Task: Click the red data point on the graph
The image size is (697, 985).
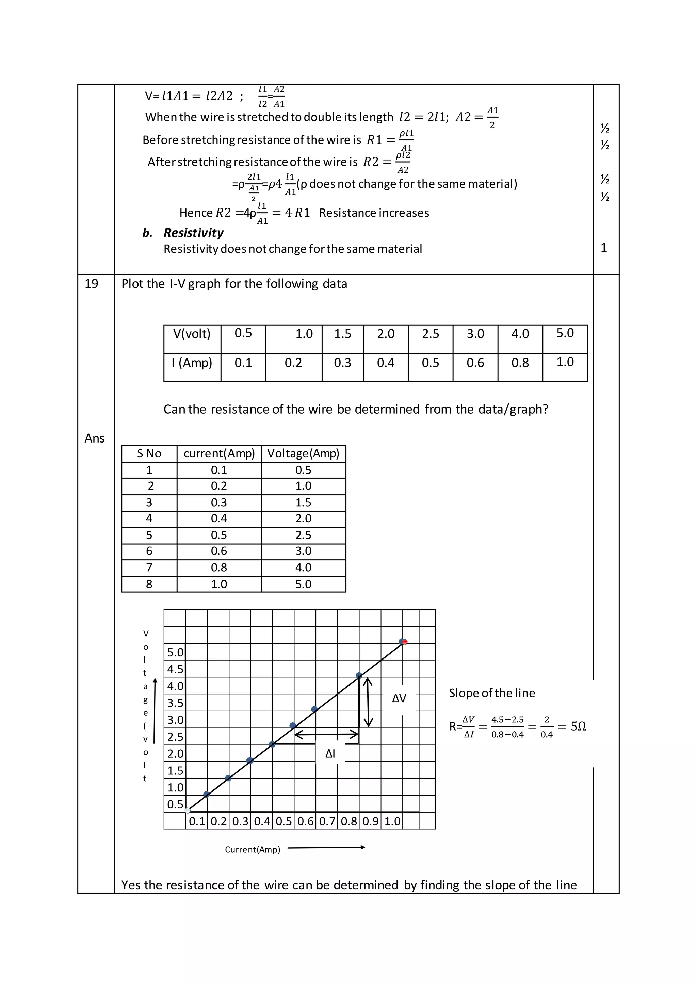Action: coord(404,642)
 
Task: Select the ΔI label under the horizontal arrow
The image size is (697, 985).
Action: coord(330,754)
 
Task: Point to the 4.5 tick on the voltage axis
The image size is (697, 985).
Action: coord(175,669)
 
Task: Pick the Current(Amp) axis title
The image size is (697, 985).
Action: coord(253,849)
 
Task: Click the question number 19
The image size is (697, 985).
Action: coord(92,284)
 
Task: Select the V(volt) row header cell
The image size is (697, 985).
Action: coord(192,334)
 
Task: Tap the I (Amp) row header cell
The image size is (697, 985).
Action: coord(192,363)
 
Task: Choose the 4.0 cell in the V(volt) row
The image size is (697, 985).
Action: coord(520,334)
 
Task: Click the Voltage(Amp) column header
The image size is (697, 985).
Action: coord(303,453)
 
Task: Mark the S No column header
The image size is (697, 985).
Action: coord(149,453)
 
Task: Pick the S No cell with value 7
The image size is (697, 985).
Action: coord(149,568)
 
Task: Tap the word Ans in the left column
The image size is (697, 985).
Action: coord(94,438)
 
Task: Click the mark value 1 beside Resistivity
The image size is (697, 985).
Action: coord(603,248)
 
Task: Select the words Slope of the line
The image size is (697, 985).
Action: coord(492,693)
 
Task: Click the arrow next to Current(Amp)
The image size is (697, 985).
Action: coord(326,847)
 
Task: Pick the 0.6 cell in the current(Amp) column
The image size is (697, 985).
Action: coord(219,551)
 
